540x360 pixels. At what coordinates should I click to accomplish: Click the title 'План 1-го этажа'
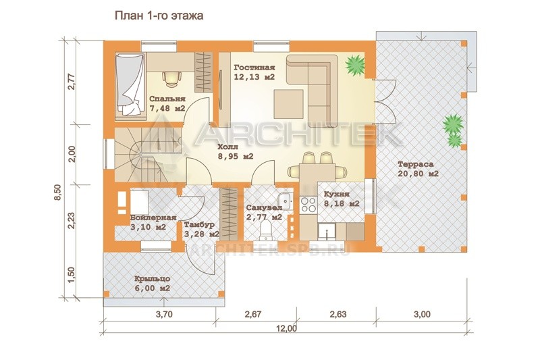point(159,16)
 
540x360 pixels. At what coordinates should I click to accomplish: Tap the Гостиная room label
point(254,68)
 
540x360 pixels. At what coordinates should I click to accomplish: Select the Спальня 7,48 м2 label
point(167,104)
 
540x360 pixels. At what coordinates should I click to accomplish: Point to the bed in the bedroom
point(130,84)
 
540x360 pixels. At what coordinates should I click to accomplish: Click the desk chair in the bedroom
point(171,78)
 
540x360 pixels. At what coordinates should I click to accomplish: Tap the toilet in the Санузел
point(265,230)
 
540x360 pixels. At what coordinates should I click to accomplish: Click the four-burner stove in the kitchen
point(308,204)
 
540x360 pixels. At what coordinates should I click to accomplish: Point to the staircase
point(148,155)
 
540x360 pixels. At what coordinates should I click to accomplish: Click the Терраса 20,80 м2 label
point(418,169)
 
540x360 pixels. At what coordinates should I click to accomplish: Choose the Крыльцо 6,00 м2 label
point(153,284)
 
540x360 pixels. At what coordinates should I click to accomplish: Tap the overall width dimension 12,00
point(286,328)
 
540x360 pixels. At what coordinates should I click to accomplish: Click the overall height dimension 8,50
point(57,192)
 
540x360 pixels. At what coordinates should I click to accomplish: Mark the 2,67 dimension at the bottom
point(252,314)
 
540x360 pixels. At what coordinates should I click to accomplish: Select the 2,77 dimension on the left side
point(72,82)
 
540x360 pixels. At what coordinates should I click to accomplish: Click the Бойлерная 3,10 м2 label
point(153,222)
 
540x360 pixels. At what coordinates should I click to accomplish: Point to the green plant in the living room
point(355,64)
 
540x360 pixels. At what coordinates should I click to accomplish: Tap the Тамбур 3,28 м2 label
point(201,230)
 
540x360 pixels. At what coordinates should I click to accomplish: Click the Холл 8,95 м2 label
point(236,151)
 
